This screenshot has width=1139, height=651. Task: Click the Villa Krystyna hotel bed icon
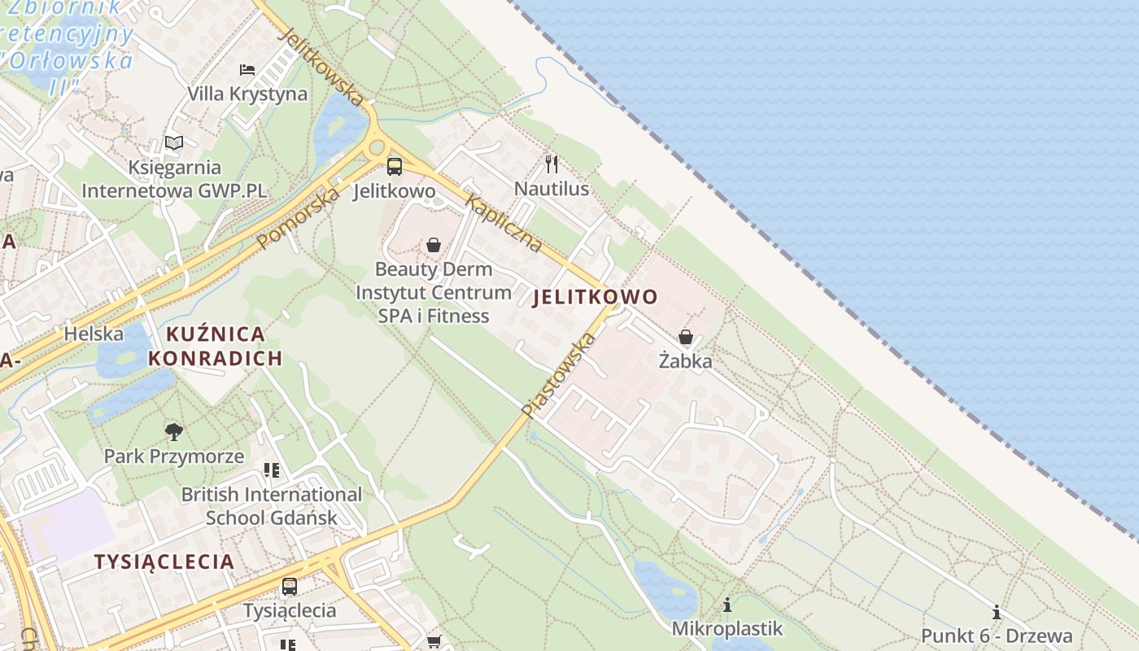point(247,70)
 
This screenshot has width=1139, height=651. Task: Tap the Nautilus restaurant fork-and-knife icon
point(552,164)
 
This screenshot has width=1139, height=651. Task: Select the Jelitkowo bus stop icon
point(395,167)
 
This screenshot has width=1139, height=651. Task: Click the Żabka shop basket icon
point(686,337)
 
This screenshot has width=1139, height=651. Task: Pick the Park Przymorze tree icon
point(173,432)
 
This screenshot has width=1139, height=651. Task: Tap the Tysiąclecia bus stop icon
point(289,586)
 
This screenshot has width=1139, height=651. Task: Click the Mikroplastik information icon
point(727,605)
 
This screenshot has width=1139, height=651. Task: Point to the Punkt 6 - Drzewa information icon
point(997,612)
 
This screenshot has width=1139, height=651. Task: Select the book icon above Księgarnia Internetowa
point(174,143)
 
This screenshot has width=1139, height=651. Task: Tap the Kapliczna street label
point(504,222)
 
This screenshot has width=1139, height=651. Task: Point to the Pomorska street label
point(299,218)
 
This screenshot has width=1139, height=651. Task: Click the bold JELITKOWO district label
point(595,298)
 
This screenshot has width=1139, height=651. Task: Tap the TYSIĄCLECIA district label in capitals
point(164,561)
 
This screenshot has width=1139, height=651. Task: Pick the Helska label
point(94,334)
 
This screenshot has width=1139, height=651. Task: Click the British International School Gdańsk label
point(271,506)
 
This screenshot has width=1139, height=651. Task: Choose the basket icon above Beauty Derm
point(434,245)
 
